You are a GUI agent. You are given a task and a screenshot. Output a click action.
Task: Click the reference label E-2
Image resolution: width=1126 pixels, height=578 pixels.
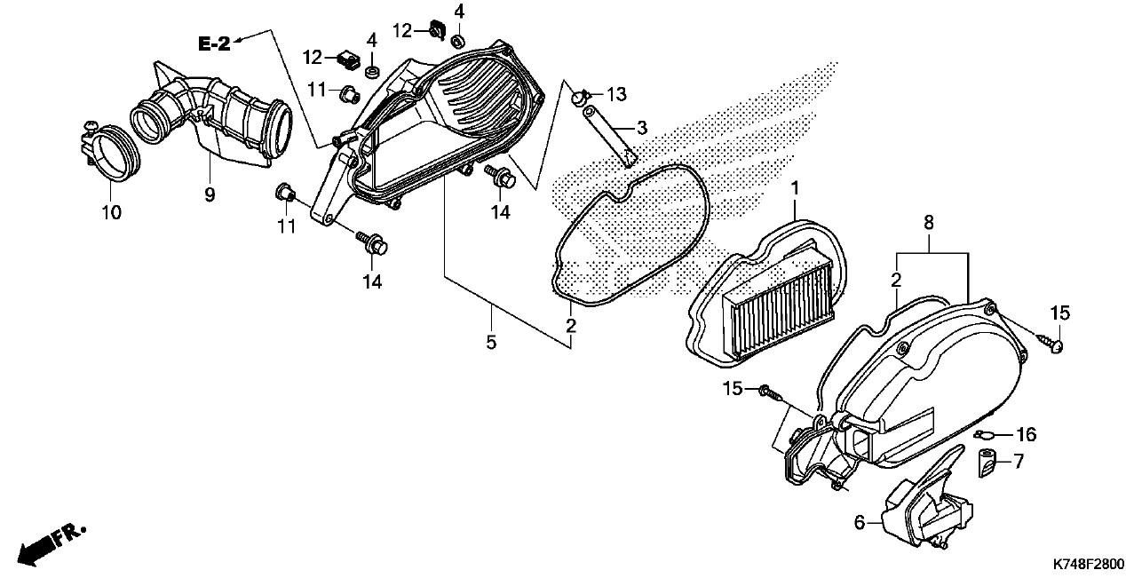(215, 44)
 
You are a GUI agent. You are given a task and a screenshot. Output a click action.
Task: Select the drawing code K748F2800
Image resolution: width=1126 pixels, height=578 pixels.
(1089, 564)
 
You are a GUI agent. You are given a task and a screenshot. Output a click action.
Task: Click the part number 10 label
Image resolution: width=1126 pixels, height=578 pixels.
(112, 212)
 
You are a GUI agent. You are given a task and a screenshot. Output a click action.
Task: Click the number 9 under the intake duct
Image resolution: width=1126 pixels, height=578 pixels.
(210, 194)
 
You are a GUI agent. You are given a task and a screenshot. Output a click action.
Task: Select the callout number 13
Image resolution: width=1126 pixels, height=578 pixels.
(617, 94)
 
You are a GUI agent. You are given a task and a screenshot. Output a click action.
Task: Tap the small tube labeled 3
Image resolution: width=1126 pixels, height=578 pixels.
(608, 136)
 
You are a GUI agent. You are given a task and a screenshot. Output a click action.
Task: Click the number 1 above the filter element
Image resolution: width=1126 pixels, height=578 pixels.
(795, 188)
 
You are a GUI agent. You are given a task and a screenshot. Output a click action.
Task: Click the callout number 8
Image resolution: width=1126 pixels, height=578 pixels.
(929, 222)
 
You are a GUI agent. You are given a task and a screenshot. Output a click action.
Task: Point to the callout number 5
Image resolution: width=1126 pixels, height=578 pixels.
(491, 343)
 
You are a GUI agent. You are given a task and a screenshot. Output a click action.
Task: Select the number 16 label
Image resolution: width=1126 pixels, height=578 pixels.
(1026, 434)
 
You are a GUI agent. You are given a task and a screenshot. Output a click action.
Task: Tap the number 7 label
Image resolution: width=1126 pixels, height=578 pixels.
(1019, 461)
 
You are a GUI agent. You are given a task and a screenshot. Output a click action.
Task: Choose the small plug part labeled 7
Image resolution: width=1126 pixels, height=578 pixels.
(987, 463)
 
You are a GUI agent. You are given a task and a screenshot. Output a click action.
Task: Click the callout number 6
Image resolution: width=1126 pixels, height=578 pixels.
(860, 523)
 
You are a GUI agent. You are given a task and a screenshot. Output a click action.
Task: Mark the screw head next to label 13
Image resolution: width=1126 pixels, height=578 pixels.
(580, 96)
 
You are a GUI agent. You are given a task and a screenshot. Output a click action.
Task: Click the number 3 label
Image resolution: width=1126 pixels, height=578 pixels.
(641, 128)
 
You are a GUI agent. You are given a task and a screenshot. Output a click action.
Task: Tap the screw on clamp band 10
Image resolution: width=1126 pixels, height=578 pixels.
(91, 126)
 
